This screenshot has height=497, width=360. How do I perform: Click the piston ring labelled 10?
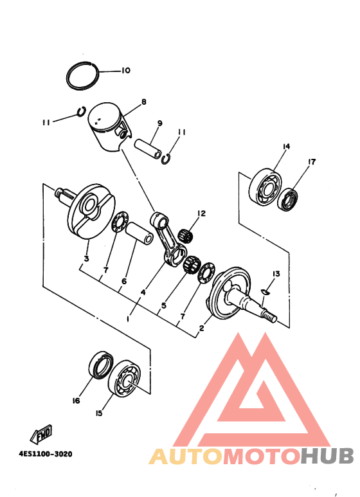click(83, 76)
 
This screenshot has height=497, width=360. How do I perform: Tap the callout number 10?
click(125, 70)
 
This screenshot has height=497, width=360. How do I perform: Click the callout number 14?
click(286, 147)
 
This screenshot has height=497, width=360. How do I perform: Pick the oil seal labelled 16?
click(100, 366)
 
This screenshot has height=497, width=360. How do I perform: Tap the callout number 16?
click(76, 401)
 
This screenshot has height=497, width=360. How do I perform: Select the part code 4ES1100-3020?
click(45, 453)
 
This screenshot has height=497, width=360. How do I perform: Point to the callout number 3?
click(85, 260)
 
